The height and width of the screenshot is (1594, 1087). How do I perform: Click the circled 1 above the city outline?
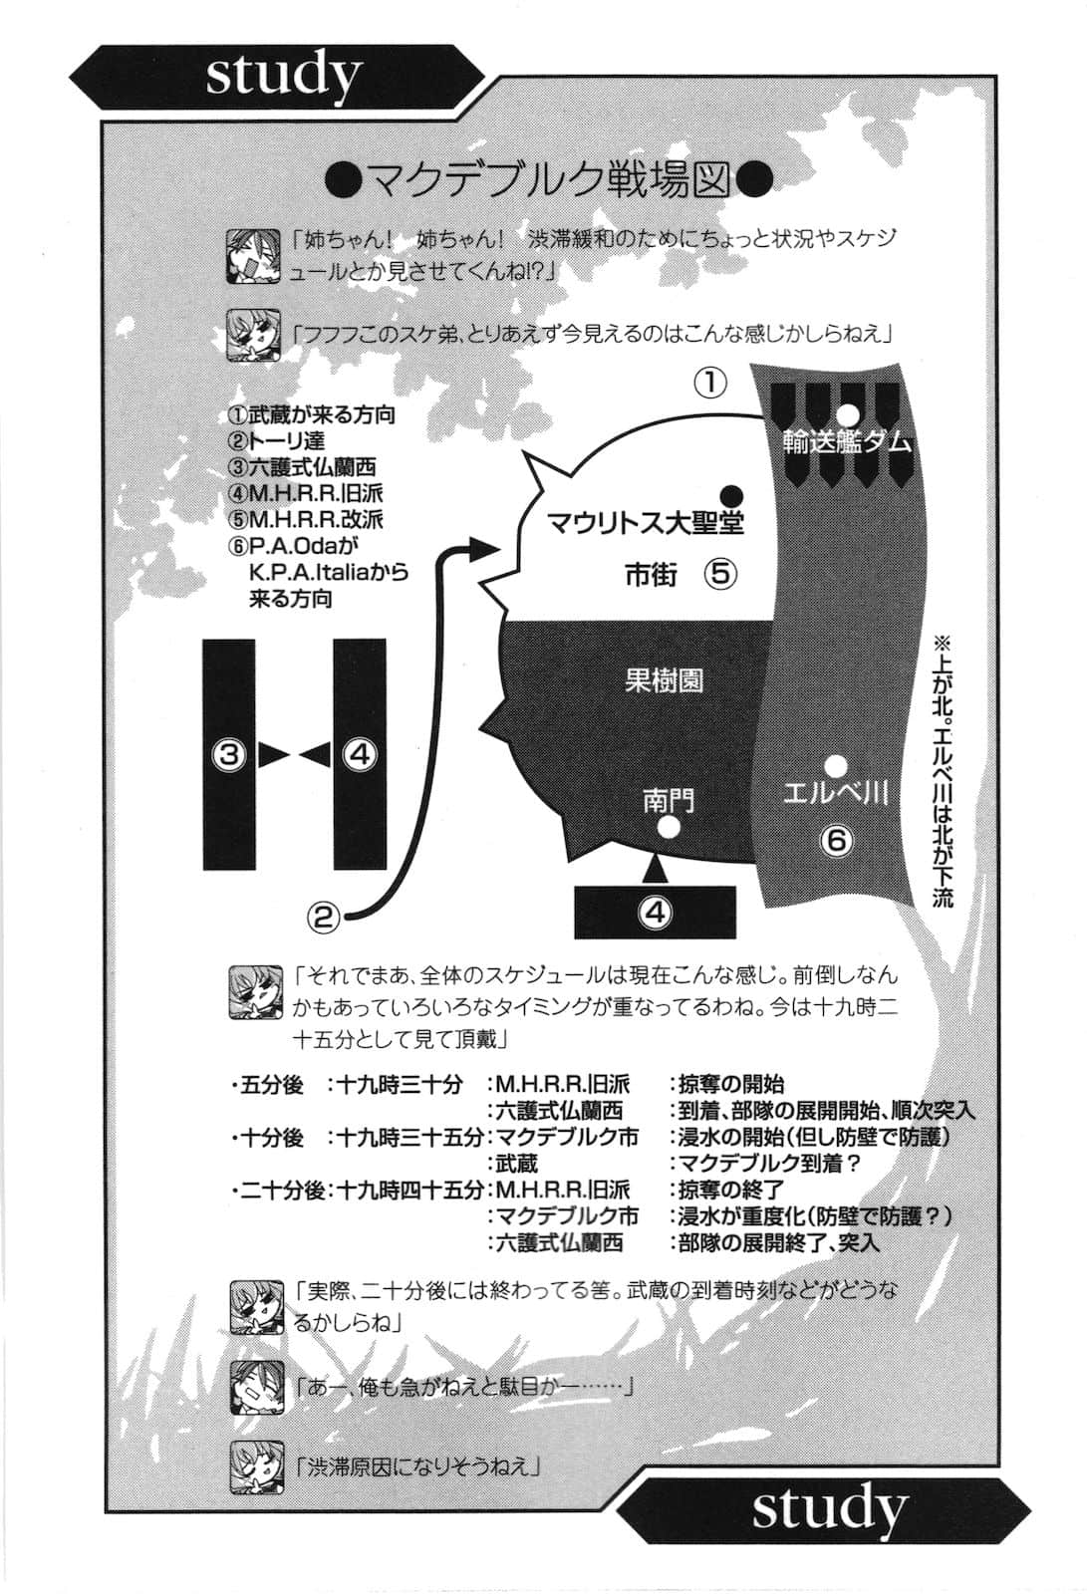point(710,383)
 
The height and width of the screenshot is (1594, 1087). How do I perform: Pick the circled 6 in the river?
point(836,840)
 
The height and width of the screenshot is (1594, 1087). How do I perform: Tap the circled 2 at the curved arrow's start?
point(323,915)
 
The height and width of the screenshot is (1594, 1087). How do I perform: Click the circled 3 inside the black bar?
point(229,754)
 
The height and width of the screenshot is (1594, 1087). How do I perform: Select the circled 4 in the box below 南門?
point(655,912)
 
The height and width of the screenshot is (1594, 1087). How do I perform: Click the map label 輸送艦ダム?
point(847,442)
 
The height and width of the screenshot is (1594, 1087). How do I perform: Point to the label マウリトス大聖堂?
point(646,522)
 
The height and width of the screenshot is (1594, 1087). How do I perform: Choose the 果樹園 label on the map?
point(664,681)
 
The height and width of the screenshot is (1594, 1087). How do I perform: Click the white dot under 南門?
point(670,827)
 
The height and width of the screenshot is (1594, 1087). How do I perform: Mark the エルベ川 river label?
point(835,794)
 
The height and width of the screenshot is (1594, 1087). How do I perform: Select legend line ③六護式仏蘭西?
point(302,467)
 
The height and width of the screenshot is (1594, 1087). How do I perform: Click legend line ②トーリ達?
point(276,441)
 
